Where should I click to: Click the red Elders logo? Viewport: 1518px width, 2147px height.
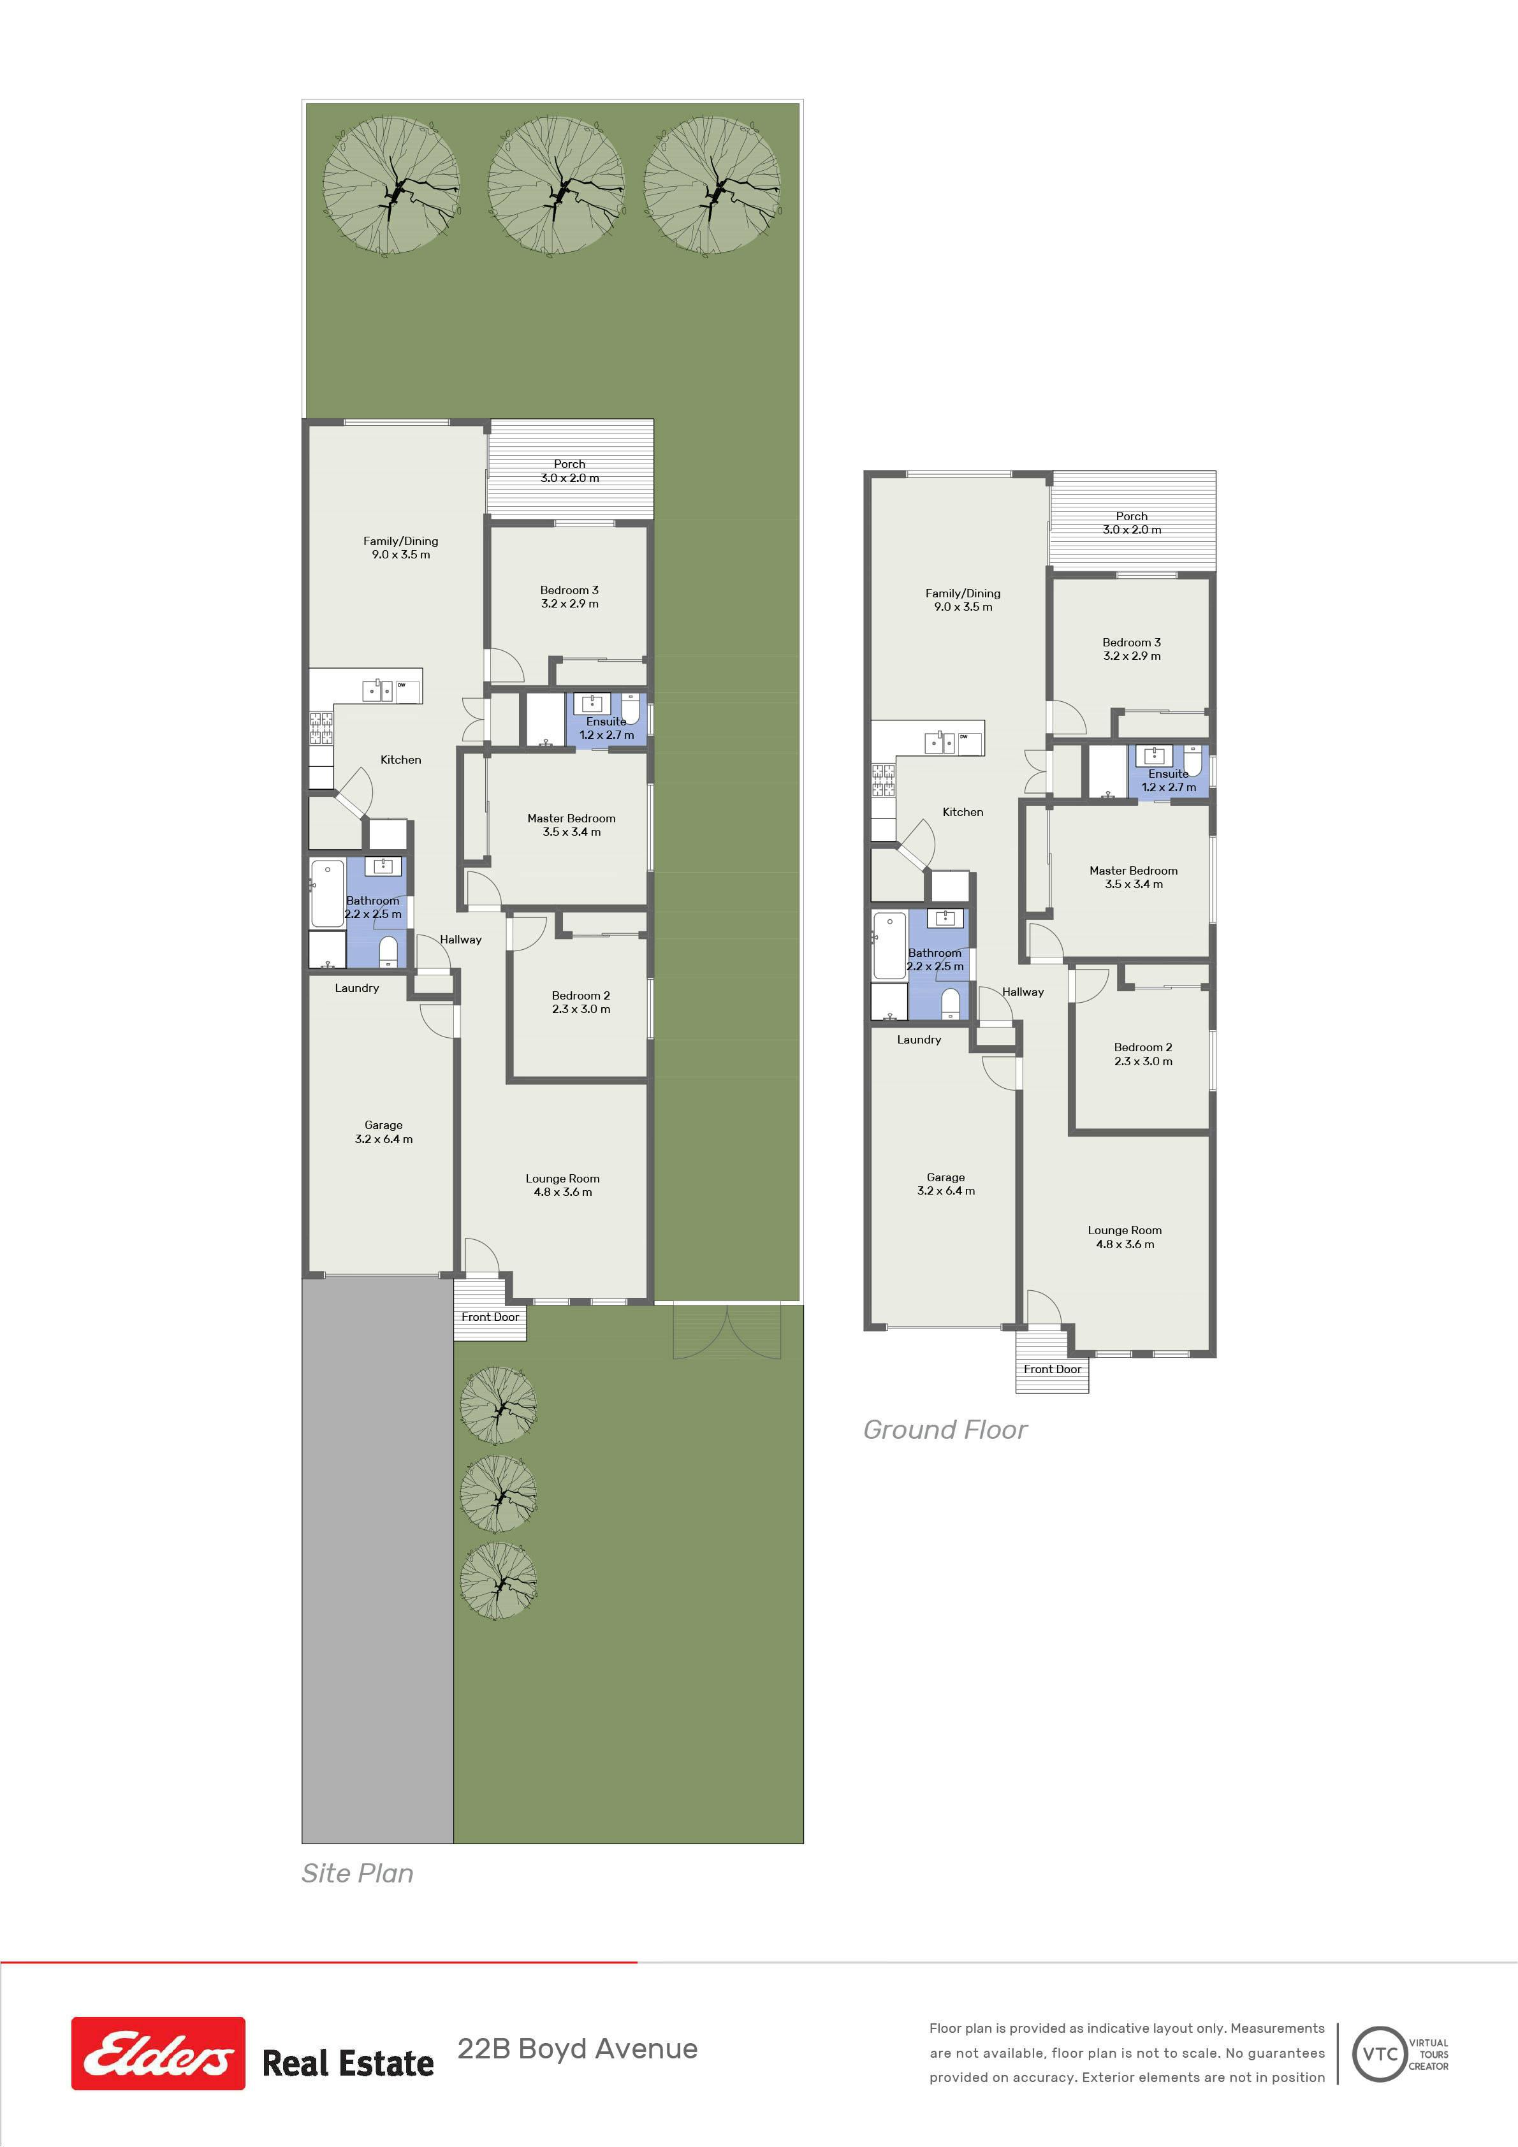pos(158,2053)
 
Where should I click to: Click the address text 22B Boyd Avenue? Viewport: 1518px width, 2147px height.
pos(577,2049)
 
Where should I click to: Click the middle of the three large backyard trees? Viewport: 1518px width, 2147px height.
pos(557,184)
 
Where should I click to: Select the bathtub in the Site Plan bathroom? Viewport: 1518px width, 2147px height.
pos(327,893)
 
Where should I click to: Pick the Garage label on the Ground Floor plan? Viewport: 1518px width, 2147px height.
pos(945,1184)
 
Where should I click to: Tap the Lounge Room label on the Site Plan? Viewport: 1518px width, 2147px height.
pos(562,1185)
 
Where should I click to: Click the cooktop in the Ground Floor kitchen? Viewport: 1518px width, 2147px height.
pos(883,781)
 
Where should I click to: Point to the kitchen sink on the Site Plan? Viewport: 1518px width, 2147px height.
pos(378,690)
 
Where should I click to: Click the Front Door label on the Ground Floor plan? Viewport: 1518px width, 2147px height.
pos(1052,1369)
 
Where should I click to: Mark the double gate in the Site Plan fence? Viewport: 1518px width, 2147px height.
pos(726,1332)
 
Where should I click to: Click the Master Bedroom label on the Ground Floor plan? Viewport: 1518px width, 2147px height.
pos(1134,877)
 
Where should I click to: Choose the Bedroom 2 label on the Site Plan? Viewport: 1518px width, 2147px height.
pos(581,1003)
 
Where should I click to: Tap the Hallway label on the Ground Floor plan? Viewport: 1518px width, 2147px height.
pos(1022,991)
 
